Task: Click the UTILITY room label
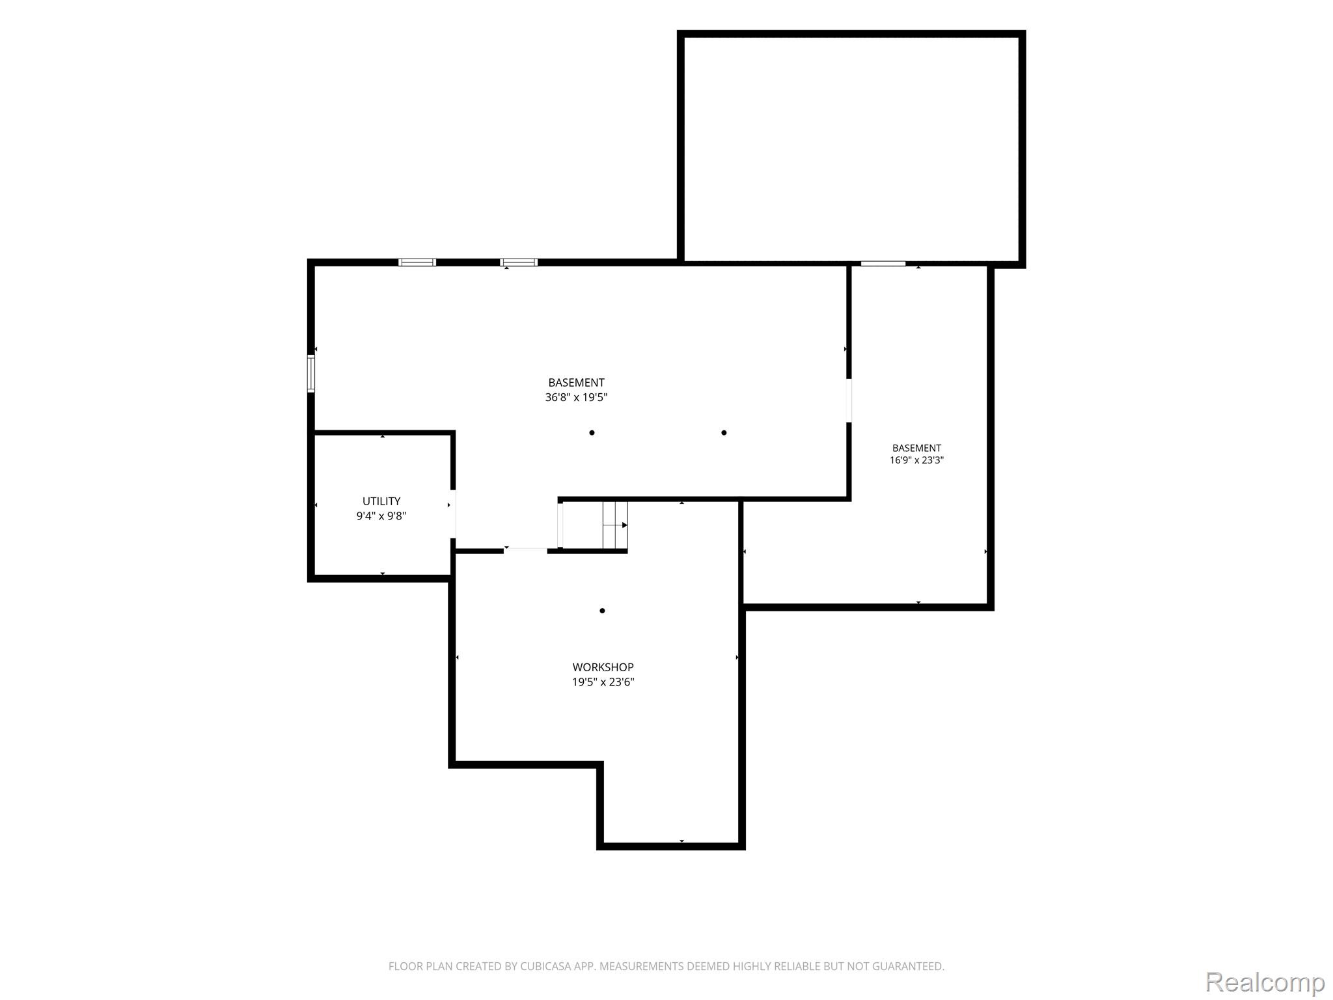point(381,501)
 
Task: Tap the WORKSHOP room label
point(603,667)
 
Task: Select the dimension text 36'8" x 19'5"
point(576,397)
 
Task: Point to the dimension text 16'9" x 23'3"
point(916,460)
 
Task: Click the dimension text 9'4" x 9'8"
point(381,516)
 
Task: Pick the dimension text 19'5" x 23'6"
point(603,682)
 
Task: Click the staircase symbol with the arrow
point(615,525)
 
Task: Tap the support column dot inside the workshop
point(602,611)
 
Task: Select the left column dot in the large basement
point(592,433)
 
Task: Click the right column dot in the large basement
point(724,433)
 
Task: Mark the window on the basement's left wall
point(311,374)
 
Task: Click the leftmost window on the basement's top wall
point(417,262)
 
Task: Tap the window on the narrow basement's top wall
point(883,264)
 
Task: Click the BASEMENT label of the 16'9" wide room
point(916,448)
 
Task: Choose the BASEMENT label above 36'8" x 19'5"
point(576,383)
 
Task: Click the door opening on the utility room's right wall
point(453,514)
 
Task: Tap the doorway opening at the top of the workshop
point(526,551)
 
